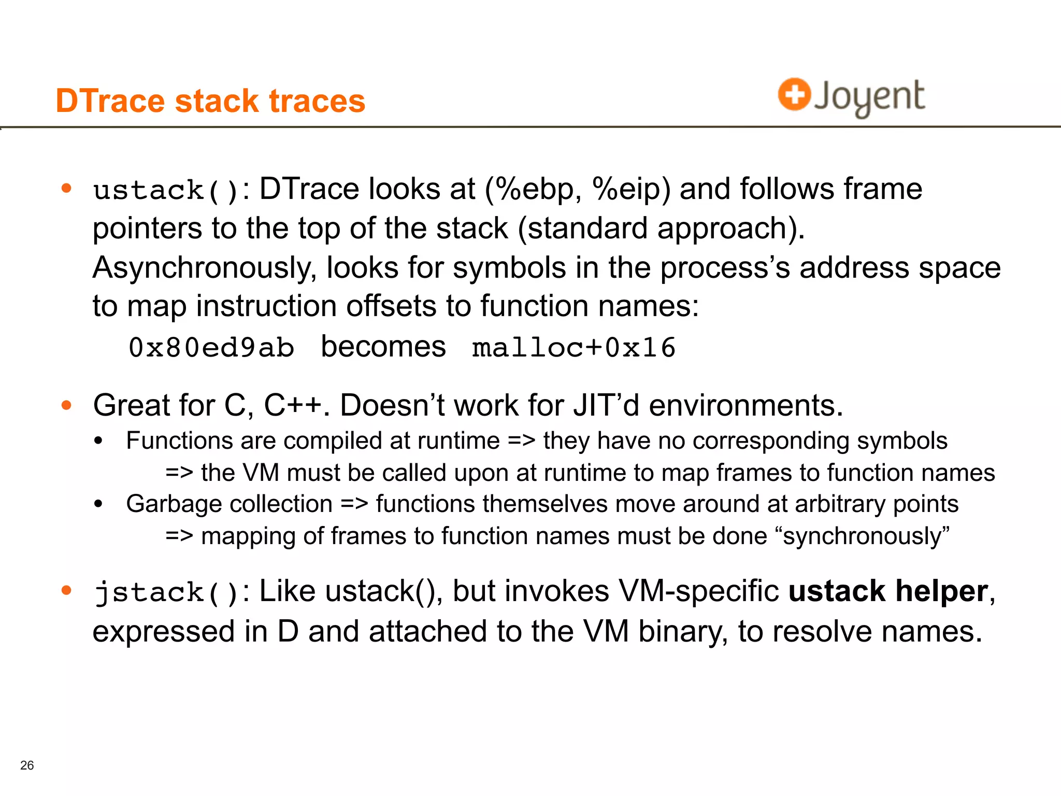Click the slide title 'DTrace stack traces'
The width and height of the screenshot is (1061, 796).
[x=210, y=101]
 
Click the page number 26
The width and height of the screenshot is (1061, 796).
[x=27, y=765]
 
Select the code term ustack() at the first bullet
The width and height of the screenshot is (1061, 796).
[x=166, y=190]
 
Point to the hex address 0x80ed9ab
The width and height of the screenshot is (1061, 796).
[x=211, y=347]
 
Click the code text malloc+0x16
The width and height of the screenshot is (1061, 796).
[x=573, y=347]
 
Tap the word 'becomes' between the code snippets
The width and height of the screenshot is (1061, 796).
[x=383, y=346]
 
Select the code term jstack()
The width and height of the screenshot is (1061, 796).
[x=166, y=592]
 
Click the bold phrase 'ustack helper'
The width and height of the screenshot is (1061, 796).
[x=888, y=591]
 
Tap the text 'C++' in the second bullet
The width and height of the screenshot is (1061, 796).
[x=293, y=405]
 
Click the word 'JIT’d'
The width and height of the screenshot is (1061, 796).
[x=606, y=405]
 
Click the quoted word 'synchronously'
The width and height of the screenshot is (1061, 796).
[x=863, y=536]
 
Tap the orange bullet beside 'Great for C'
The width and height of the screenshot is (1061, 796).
[x=66, y=405]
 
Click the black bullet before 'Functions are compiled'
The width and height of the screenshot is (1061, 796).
[x=98, y=441]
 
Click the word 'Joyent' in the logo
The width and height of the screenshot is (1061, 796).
[x=869, y=96]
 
